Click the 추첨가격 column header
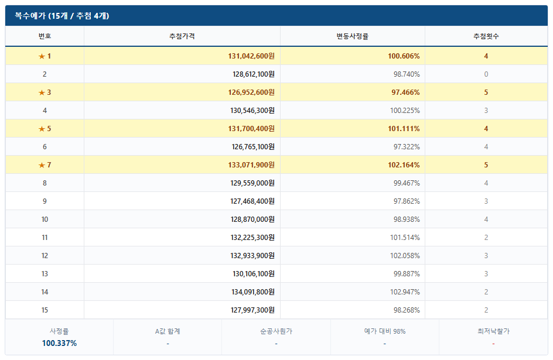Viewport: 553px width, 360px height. coord(182,36)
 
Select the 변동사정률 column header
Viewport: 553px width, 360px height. coord(352,36)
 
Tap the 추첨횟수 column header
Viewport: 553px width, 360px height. coord(486,36)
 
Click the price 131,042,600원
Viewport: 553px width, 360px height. coord(251,56)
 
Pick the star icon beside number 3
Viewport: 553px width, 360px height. coord(42,92)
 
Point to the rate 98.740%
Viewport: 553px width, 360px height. coord(407,74)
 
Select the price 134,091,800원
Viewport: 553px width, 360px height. coord(253,292)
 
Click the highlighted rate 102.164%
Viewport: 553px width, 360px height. coord(404,165)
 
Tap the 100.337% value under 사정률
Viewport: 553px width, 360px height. coord(59,343)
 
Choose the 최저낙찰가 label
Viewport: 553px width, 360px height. coord(493,331)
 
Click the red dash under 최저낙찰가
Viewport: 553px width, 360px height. coord(493,344)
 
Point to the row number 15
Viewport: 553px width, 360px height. coord(45,310)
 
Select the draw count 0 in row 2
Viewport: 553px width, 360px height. coord(486,74)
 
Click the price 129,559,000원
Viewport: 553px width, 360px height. coord(252,183)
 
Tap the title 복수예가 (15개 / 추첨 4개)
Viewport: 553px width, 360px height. coord(62,16)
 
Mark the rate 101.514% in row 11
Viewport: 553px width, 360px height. coord(405,238)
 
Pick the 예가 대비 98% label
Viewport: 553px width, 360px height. coord(385,331)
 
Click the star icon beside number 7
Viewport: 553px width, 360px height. coord(42,165)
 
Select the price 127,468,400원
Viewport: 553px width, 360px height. coord(252,201)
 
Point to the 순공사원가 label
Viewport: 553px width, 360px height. coord(276,331)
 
